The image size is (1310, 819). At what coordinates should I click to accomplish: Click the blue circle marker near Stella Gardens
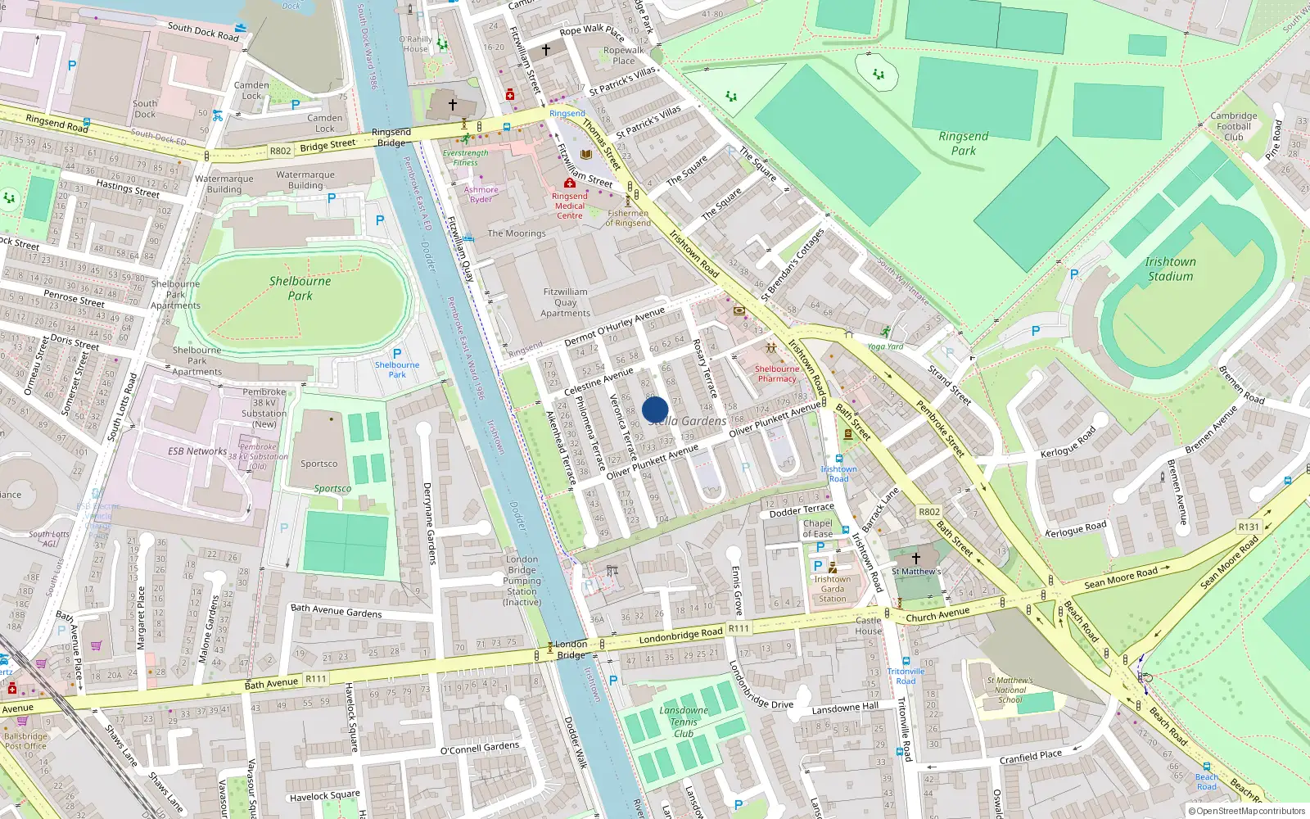tap(655, 409)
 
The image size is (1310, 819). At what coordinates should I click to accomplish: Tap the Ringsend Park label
tap(964, 143)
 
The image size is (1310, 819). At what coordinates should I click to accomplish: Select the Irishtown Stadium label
tap(1170, 269)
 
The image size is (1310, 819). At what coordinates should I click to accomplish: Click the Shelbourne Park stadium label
tap(300, 287)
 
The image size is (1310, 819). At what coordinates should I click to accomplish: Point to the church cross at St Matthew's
tap(916, 558)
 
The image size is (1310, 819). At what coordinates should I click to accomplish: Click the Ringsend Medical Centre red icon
tap(569, 183)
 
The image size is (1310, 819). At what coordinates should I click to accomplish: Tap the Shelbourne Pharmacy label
tap(777, 373)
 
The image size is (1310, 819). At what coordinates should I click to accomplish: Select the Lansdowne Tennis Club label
tap(684, 722)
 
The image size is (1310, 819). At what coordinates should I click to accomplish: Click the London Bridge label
tap(571, 649)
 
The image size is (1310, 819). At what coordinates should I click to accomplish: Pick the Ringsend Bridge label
tap(391, 137)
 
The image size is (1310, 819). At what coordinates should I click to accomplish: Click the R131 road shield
tap(1249, 527)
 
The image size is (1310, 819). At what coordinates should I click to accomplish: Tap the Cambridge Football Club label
tap(1234, 126)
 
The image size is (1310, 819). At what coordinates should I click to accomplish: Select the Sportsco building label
tap(318, 464)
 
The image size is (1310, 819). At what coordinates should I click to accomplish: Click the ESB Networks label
tap(197, 451)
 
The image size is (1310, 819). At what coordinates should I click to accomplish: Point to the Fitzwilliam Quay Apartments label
tap(565, 302)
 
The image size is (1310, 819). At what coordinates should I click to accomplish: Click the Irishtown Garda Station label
tap(832, 589)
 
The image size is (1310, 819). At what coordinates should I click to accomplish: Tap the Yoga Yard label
tap(885, 346)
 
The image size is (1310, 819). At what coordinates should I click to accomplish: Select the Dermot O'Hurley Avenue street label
tap(615, 327)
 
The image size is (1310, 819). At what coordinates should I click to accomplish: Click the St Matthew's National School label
tap(1010, 690)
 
